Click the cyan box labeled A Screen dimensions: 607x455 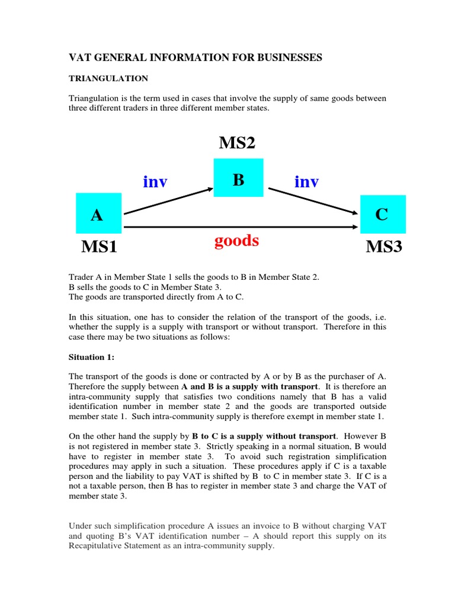pos(98,213)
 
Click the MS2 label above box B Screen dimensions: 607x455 pos(237,142)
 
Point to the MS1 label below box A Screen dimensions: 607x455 pos(99,246)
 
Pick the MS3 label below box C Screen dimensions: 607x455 pos(384,246)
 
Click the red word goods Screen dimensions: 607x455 pos(237,240)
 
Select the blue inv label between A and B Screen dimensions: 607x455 pos(155,182)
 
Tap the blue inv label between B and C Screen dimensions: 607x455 pos(306,182)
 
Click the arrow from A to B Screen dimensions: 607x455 pos(168,201)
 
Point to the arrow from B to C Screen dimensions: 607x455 pos(314,201)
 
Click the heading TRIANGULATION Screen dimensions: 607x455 pos(108,78)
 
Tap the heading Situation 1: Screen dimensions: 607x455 pos(91,358)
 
